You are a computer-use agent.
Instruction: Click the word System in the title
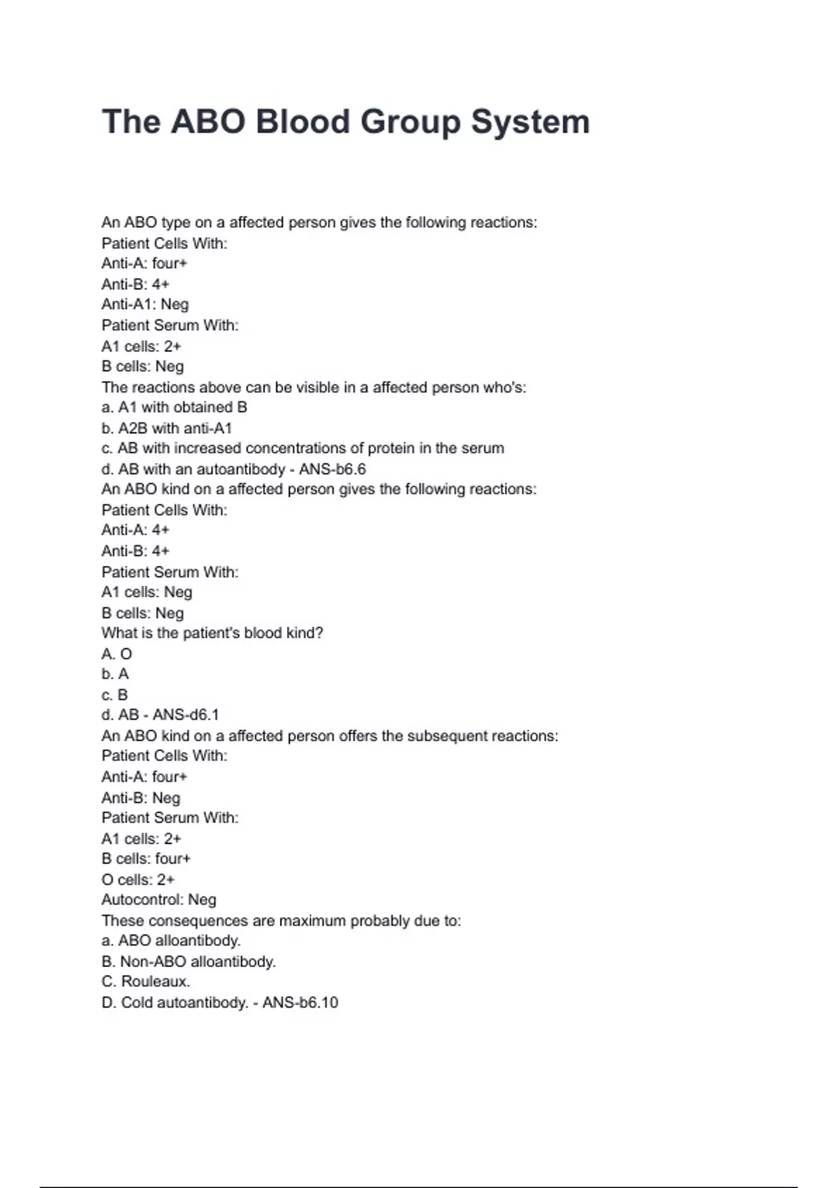tap(530, 122)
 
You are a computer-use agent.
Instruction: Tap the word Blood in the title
tap(302, 122)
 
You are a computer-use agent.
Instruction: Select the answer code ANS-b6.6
tap(332, 469)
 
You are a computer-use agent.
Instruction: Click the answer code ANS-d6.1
tap(186, 715)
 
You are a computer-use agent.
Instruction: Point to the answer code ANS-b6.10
tap(300, 1002)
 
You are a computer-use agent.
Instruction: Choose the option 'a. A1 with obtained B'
tap(175, 407)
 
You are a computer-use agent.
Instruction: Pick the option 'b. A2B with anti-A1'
tap(167, 428)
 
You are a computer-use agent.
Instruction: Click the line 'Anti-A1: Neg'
tap(145, 305)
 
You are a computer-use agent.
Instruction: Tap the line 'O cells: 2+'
tap(138, 879)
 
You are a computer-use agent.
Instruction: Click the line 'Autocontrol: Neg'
tap(159, 900)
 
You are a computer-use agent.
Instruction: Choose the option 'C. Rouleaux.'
tap(146, 982)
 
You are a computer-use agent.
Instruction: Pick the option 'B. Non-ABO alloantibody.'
tap(189, 962)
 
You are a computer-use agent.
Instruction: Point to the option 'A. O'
tap(117, 654)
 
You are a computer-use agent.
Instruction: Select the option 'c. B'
tap(115, 695)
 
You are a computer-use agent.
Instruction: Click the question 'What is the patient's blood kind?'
tap(212, 633)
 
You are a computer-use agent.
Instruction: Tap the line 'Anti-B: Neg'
tap(141, 797)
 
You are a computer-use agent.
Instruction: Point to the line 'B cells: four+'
tap(146, 859)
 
